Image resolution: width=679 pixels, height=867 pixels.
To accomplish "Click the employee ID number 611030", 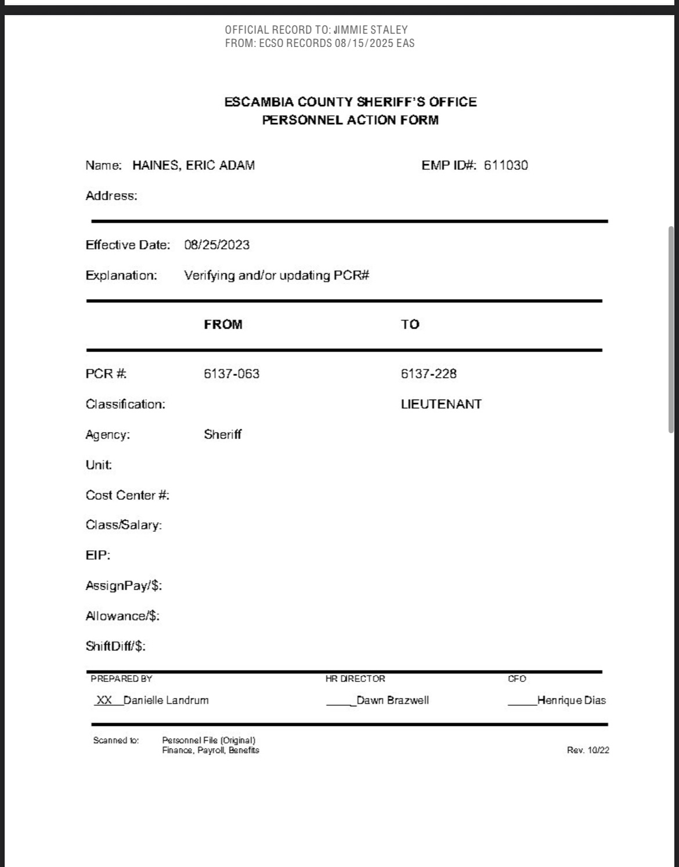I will (505, 165).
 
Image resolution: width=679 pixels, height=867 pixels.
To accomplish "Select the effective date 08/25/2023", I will (216, 245).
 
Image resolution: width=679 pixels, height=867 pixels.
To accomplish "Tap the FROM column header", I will (223, 324).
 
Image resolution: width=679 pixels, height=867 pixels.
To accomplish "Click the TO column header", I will (410, 324).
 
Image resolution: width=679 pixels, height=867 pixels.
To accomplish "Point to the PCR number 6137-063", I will (231, 373).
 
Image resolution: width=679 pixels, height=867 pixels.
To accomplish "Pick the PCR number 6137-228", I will (428, 373).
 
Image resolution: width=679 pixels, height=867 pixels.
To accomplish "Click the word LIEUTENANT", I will (441, 404).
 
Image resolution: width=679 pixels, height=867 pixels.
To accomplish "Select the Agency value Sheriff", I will (222, 434).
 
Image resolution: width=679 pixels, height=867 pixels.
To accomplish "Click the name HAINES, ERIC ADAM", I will (193, 165).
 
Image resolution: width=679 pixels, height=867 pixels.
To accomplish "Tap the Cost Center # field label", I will (127, 495).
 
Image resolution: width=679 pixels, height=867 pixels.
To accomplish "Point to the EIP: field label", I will (97, 556).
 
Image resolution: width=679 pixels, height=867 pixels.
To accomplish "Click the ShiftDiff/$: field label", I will (115, 646).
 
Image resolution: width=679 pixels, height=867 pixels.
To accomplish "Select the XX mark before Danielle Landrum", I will (104, 700).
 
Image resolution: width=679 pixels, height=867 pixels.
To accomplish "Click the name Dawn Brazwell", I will (392, 700).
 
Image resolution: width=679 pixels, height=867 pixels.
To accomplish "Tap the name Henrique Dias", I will (571, 700).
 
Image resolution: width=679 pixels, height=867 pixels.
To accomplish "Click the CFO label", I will (517, 679).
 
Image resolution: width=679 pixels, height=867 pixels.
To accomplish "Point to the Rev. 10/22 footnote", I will (588, 750).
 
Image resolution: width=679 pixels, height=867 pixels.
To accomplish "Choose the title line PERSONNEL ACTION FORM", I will (350, 120).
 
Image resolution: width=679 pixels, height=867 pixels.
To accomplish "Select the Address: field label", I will (111, 196).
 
